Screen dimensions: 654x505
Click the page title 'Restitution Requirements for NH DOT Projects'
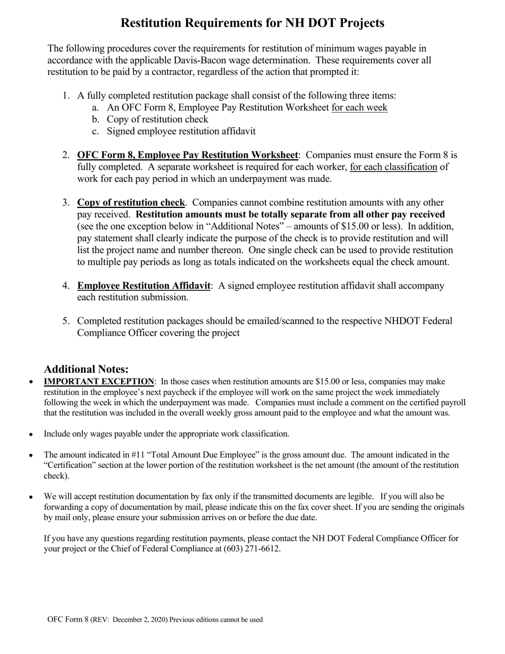(x=252, y=23)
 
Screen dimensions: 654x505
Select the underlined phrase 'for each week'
(x=359, y=107)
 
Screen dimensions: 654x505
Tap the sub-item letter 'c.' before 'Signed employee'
(x=95, y=131)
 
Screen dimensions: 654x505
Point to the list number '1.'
(x=66, y=96)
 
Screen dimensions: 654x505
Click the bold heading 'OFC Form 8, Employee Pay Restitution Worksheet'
(x=187, y=155)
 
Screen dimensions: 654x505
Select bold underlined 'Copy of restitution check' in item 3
(x=131, y=203)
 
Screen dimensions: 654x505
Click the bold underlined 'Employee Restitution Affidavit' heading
(x=144, y=286)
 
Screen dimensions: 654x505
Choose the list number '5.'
(x=66, y=321)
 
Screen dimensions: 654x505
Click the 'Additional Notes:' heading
(x=86, y=369)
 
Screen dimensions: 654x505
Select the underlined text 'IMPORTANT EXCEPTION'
(x=99, y=382)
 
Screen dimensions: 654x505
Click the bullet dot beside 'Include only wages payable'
(x=31, y=434)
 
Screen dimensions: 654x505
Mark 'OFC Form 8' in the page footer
(x=68, y=619)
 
